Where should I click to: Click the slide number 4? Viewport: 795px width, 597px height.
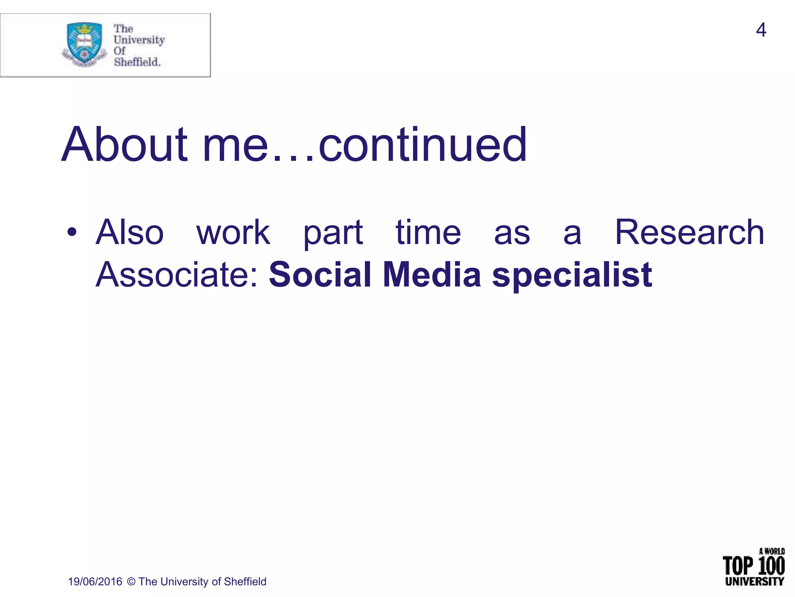pyautogui.click(x=761, y=30)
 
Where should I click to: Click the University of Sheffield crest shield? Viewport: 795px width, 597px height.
pyautogui.click(x=85, y=43)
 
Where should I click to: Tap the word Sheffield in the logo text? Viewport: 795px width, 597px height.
pyautogui.click(x=137, y=62)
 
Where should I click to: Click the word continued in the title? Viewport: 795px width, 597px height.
pyautogui.click(x=423, y=145)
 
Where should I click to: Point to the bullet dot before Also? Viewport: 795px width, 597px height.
pyautogui.click(x=72, y=232)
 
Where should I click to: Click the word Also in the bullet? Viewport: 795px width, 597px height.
pyautogui.click(x=130, y=232)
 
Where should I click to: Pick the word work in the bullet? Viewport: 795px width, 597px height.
pyautogui.click(x=233, y=232)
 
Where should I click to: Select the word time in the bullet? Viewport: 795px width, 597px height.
pyautogui.click(x=428, y=232)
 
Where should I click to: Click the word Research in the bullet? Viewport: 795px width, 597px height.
pyautogui.click(x=689, y=232)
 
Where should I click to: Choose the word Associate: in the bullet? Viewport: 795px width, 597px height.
pyautogui.click(x=177, y=275)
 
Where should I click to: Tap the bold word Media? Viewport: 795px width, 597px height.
pyautogui.click(x=432, y=275)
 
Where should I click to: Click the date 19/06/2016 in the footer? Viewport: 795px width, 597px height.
pyautogui.click(x=95, y=581)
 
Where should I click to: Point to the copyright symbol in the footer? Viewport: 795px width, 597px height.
pyautogui.click(x=131, y=581)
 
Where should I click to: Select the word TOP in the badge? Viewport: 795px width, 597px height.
pyautogui.click(x=738, y=566)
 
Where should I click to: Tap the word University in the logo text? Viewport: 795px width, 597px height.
pyautogui.click(x=139, y=40)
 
